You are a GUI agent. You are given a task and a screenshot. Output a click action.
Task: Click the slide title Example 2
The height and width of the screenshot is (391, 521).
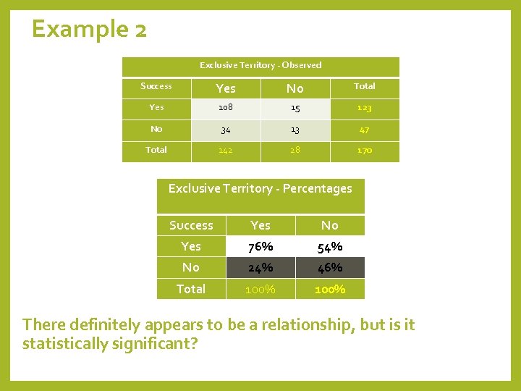pos(89,29)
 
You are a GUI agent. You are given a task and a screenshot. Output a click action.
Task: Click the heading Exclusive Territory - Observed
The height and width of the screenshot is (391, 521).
pos(260,65)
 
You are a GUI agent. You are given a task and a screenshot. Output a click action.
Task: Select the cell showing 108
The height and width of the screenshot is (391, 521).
pos(225,108)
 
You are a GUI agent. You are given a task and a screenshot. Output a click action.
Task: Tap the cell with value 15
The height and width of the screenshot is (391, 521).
pos(295,108)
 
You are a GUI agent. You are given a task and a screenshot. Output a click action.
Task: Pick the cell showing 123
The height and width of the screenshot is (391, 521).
pos(364,108)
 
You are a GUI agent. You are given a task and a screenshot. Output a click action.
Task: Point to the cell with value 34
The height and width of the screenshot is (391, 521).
pos(225,130)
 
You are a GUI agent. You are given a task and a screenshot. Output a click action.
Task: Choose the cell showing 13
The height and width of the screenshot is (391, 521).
pos(295,130)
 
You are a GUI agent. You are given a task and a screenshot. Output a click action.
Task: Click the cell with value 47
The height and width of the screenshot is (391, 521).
pos(364,130)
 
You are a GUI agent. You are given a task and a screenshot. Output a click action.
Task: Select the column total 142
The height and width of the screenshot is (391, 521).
pos(225,150)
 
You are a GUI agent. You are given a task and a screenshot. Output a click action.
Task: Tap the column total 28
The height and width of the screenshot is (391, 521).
pos(295,150)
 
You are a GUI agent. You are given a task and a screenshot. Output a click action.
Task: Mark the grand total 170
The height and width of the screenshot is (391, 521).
pos(364,150)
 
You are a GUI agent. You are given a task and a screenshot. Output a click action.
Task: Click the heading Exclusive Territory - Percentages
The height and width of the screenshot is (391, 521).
pos(260,188)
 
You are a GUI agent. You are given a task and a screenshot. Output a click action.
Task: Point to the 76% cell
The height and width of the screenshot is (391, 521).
pos(260,247)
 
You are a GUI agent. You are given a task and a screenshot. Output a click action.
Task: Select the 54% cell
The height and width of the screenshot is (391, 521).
pos(329,247)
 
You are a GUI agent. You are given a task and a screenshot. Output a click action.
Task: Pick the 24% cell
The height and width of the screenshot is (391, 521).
pos(260,268)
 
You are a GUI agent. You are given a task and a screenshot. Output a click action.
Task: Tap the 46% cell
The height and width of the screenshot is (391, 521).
pos(329,268)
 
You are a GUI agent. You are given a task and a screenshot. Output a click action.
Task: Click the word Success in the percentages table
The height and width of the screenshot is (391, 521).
pos(191,225)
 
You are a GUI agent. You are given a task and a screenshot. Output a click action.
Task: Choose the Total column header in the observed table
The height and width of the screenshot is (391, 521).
pos(364,86)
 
